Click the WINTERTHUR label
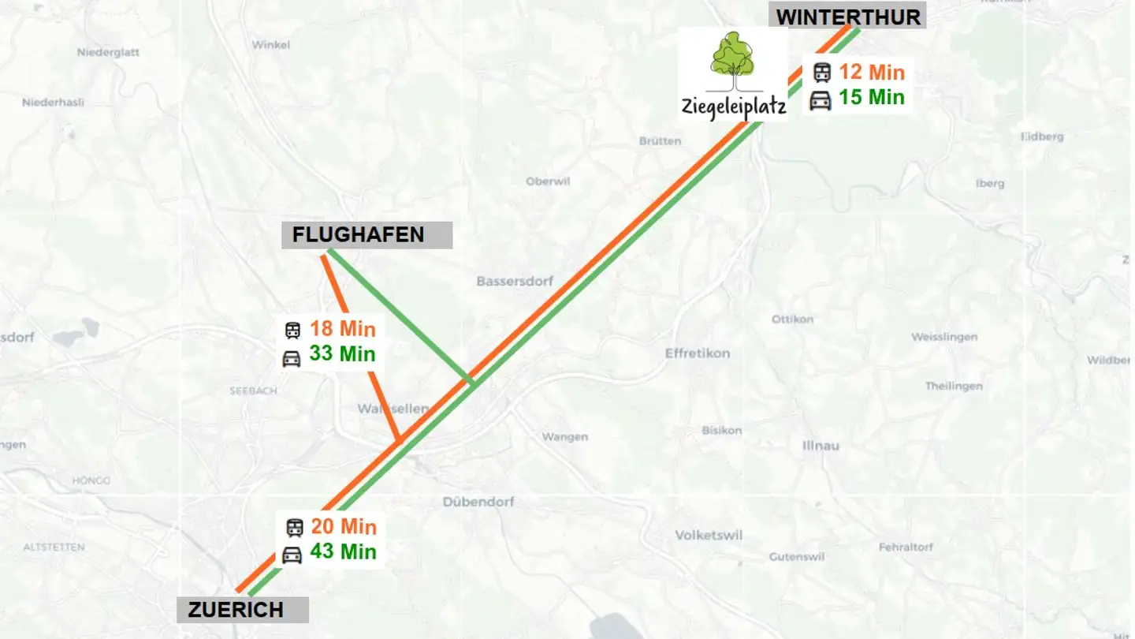848,17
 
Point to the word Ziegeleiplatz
734,107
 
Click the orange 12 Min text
871,73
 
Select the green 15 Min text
871,98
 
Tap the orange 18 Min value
343,329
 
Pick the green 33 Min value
343,354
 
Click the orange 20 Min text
343,527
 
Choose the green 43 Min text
343,552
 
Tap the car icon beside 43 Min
292,555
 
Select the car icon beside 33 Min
292,359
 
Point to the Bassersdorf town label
515,282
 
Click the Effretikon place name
697,353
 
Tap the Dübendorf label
478,502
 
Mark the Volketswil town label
709,536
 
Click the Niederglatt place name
108,53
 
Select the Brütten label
660,141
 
